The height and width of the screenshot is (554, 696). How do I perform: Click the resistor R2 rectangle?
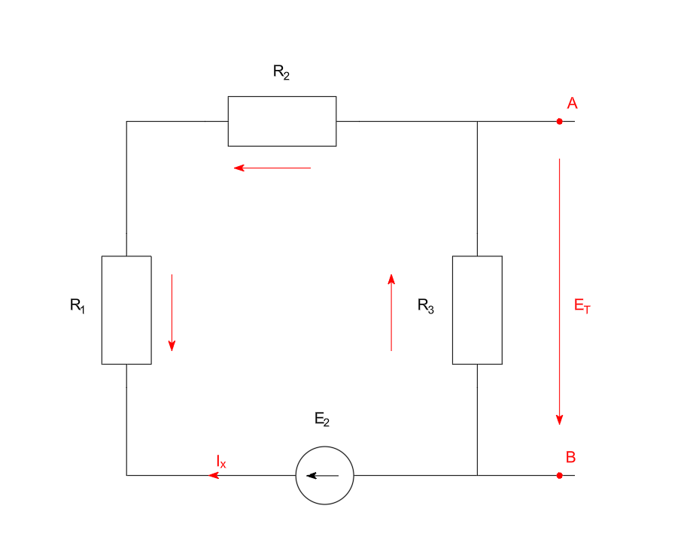pos(282,121)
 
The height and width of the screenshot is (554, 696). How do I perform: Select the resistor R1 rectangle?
pos(126,310)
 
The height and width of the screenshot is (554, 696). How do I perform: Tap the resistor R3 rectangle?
pos(477,310)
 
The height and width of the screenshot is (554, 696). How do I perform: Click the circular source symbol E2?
pos(324,475)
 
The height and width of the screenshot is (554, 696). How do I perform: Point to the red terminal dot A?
pos(559,121)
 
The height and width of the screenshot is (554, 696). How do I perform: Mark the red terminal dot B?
pos(559,475)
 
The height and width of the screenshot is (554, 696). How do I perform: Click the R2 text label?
pos(281,73)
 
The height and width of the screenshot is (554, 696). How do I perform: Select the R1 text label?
pos(78,305)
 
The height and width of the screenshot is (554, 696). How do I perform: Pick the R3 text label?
pos(426,306)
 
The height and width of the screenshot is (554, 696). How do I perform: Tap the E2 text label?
pos(322,420)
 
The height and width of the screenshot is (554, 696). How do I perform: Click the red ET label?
pos(582,306)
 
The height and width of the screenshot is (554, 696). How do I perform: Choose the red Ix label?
pos(220,462)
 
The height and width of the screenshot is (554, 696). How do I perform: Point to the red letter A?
pos(572,104)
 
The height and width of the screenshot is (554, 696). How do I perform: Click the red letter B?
pos(571,457)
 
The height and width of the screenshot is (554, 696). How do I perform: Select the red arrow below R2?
pos(272,168)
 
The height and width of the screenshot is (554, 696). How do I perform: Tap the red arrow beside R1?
pos(172,313)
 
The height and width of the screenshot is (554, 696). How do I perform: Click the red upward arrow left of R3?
pos(391,313)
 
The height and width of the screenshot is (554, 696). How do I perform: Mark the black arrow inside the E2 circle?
pos(323,476)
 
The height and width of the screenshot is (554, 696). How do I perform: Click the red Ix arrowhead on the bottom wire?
pos(214,475)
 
